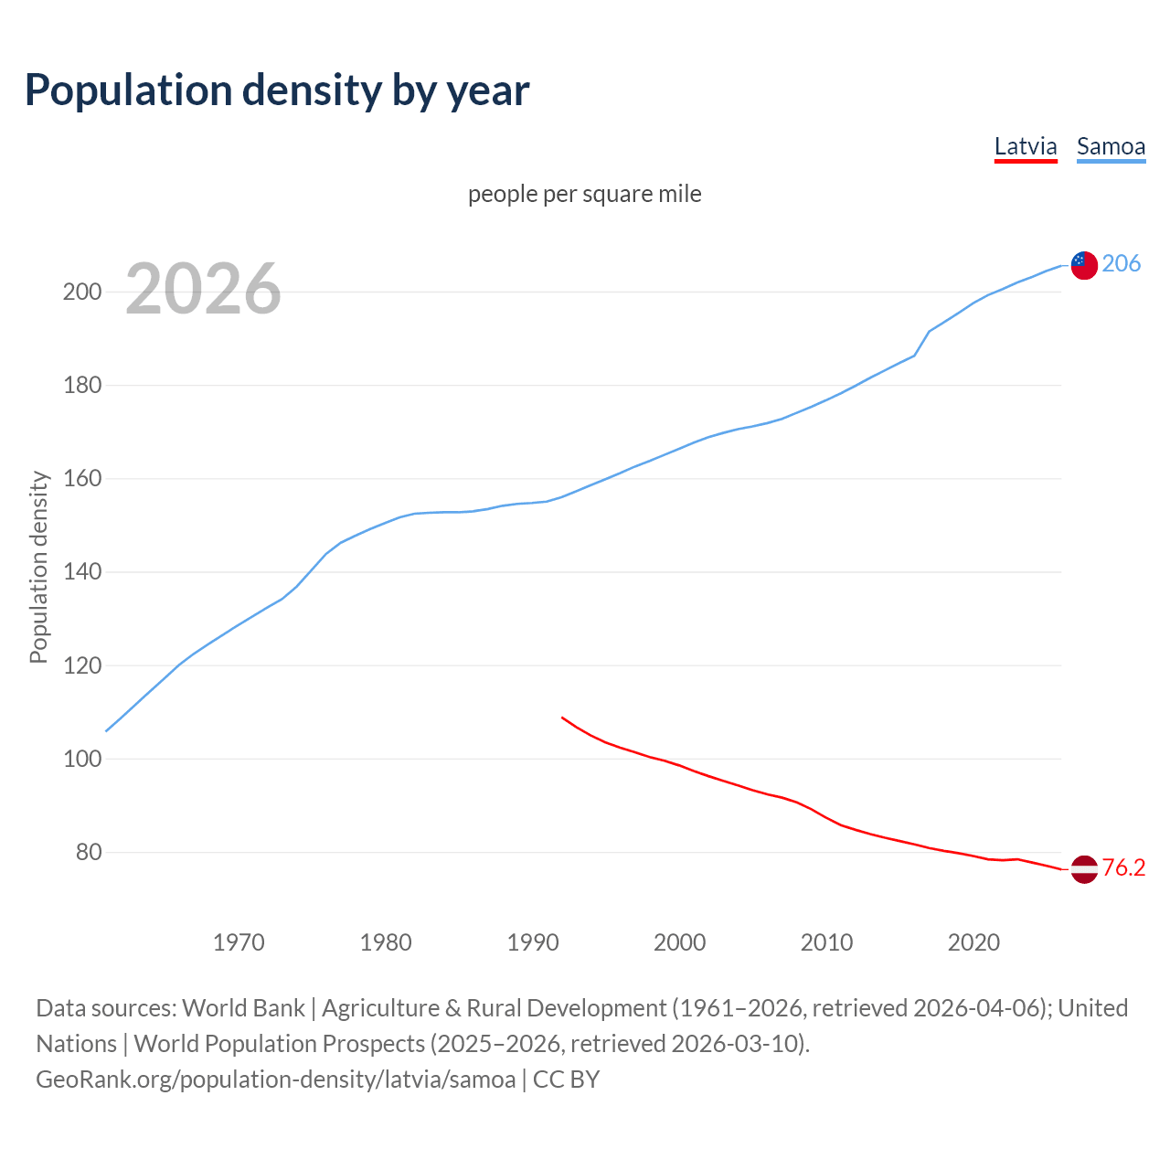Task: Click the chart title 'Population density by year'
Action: pyautogui.click(x=277, y=90)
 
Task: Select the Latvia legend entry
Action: pyautogui.click(x=1026, y=146)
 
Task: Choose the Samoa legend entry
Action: pyautogui.click(x=1111, y=146)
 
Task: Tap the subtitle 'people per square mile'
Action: pyautogui.click(x=585, y=194)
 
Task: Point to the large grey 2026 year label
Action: pyautogui.click(x=203, y=289)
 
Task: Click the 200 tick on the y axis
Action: pyautogui.click(x=81, y=292)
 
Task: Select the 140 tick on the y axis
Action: pyautogui.click(x=81, y=572)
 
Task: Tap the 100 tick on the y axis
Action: pyautogui.click(x=81, y=759)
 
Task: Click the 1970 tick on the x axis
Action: pyautogui.click(x=239, y=942)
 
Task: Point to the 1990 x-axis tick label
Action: pyautogui.click(x=533, y=942)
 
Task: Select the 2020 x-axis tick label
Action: pyautogui.click(x=973, y=942)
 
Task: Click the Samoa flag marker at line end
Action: pyautogui.click(x=1084, y=265)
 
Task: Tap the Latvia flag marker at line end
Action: pyautogui.click(x=1084, y=869)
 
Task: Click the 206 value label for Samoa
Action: pyautogui.click(x=1122, y=264)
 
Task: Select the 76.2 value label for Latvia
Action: pyautogui.click(x=1123, y=867)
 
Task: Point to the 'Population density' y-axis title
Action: pyautogui.click(x=38, y=567)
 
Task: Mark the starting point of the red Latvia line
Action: pyautogui.click(x=562, y=718)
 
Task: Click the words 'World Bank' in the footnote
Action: pyautogui.click(x=243, y=1008)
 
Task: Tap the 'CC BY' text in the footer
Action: pyautogui.click(x=566, y=1080)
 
